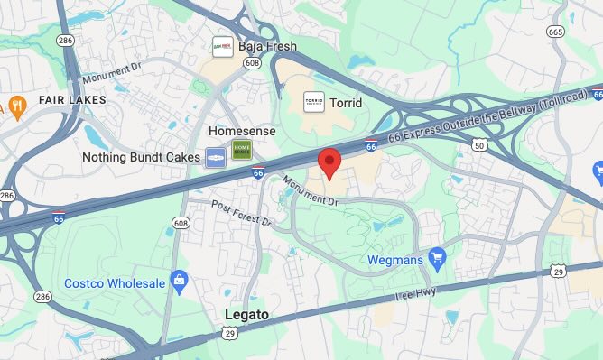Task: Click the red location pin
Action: [329, 161]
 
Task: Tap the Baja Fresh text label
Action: [266, 45]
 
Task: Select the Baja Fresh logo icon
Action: [220, 45]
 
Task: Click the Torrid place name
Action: [346, 103]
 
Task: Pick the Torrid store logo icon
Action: [313, 102]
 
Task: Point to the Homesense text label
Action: [241, 131]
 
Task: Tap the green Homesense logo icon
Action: [241, 152]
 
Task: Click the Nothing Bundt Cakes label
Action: [140, 157]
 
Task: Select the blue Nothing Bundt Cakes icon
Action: [215, 157]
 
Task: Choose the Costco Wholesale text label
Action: [115, 283]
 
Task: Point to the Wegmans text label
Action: [394, 260]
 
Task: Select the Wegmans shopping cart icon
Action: [437, 259]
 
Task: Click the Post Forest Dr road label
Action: [241, 221]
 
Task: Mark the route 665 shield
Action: [555, 32]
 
